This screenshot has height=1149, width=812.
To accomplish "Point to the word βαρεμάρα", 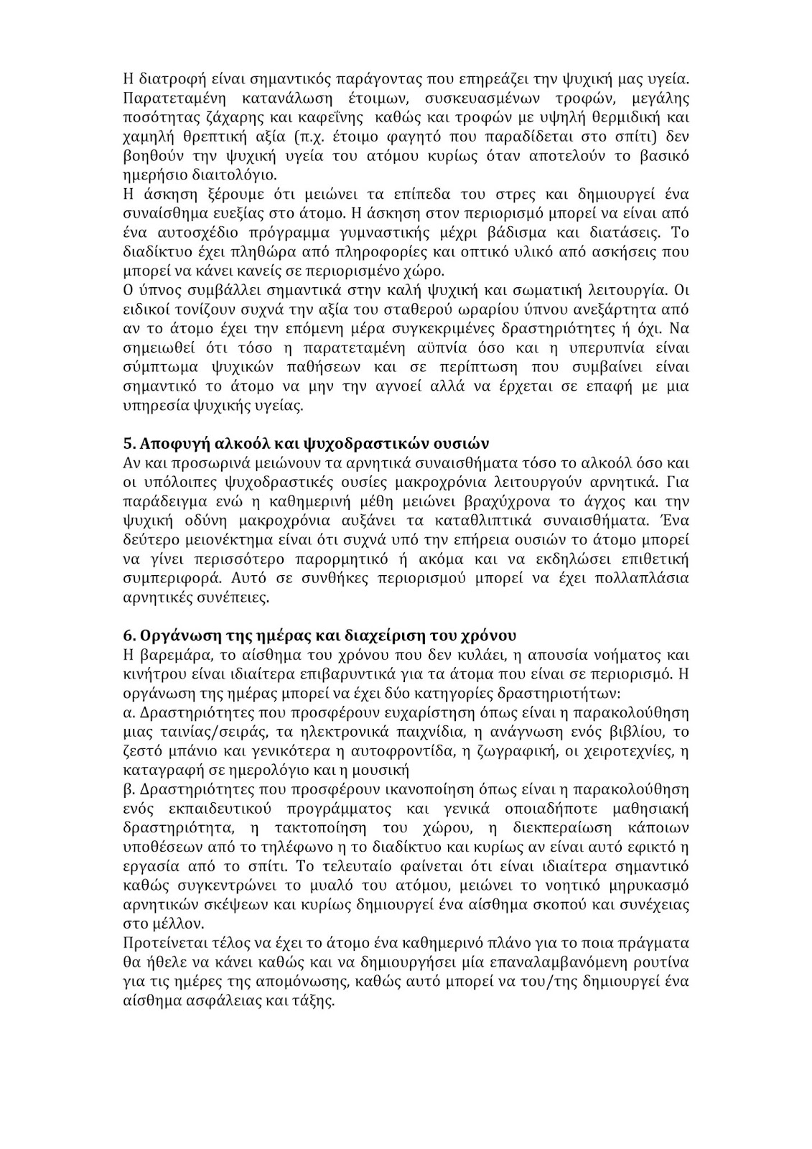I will [170, 656].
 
